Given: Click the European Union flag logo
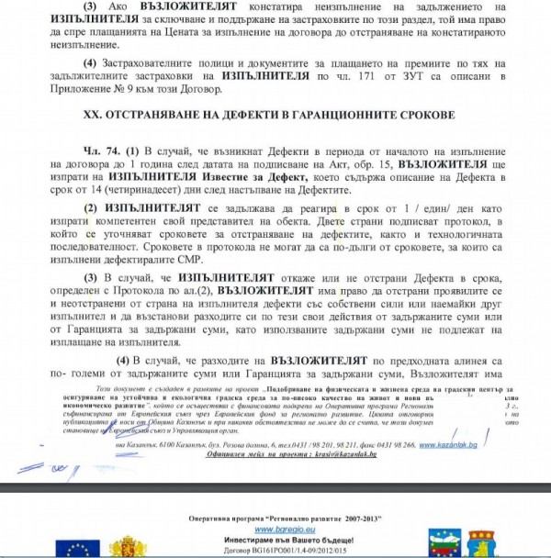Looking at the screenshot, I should pos(77,548).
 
